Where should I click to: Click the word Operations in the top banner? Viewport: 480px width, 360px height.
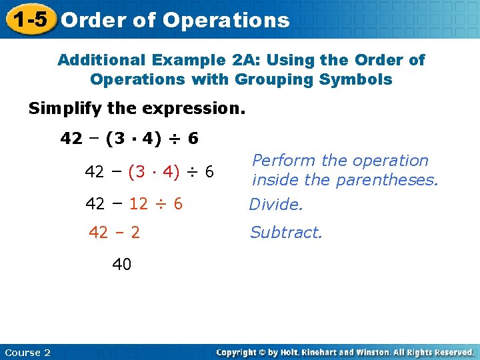(x=226, y=20)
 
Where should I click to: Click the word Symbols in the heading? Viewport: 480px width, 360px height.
(x=359, y=79)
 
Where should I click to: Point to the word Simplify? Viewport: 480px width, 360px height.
(x=59, y=108)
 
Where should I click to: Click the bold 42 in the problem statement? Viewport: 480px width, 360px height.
(x=71, y=139)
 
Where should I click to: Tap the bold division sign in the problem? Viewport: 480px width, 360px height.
(x=175, y=139)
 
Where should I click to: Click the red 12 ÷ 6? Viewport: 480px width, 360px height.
(x=156, y=204)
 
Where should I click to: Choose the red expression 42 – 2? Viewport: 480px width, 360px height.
(x=114, y=233)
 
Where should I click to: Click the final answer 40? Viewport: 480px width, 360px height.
(x=122, y=265)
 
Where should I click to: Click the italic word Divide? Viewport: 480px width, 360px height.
(x=276, y=205)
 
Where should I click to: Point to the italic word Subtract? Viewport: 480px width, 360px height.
(x=286, y=233)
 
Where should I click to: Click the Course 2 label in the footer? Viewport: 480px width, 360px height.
(x=27, y=352)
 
